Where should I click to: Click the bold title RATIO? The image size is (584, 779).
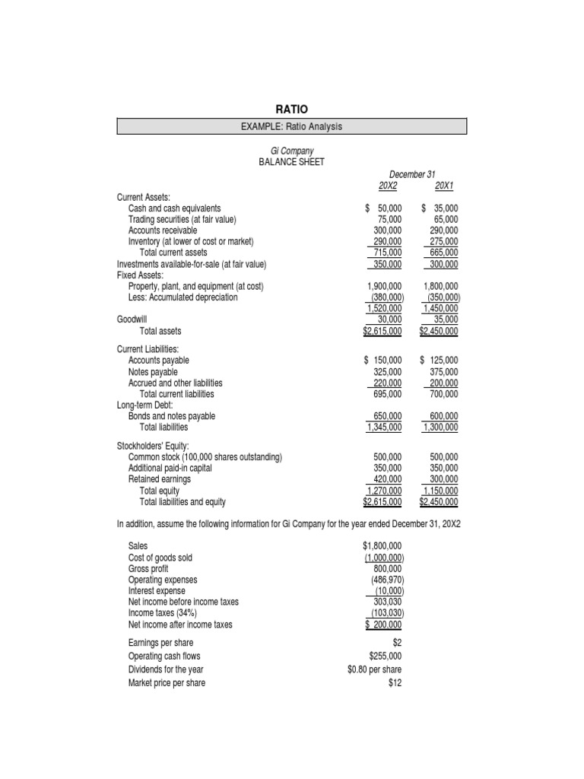click(291, 110)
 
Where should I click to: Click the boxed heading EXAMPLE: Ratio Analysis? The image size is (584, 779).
click(291, 126)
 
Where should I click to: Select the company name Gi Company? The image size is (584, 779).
click(292, 151)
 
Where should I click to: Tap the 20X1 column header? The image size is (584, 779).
click(443, 185)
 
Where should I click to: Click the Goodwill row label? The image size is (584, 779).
click(133, 320)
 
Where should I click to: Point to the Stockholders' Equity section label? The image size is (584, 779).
click(153, 446)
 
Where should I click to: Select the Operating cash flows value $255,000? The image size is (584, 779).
click(385, 656)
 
